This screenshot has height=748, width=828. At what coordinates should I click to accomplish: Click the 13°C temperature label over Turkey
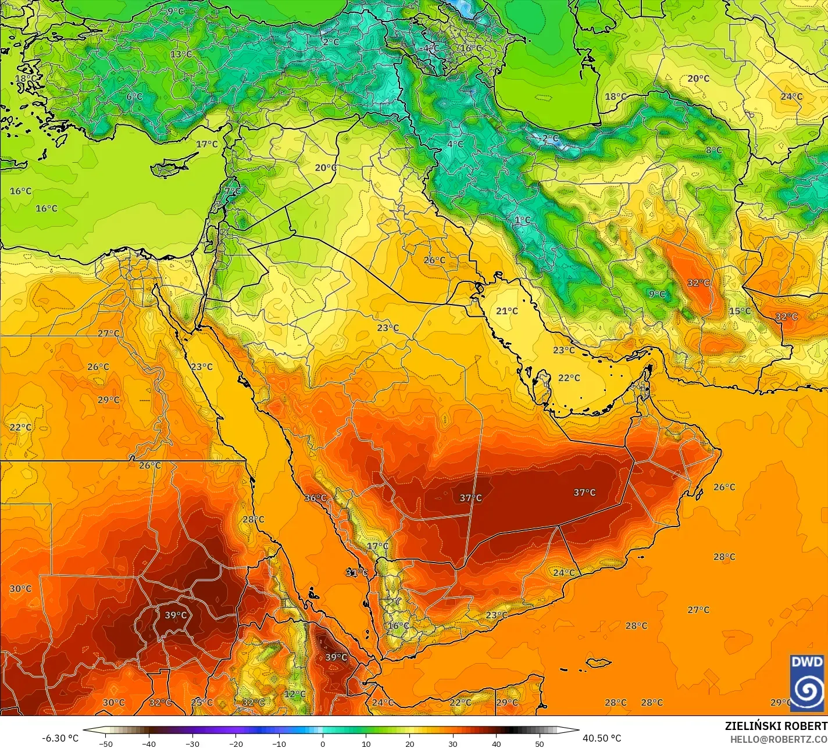point(181,55)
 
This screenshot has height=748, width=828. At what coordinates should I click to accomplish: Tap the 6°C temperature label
point(134,96)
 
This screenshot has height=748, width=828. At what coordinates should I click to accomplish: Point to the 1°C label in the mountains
point(522,220)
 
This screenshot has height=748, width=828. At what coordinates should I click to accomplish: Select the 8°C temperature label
point(713,151)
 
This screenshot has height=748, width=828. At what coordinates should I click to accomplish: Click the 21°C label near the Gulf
point(506,312)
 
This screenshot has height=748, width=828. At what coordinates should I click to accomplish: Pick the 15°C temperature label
point(740,311)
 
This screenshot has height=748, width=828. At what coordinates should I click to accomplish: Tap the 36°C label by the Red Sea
point(315,498)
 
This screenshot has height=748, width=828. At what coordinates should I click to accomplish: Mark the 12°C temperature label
point(294,694)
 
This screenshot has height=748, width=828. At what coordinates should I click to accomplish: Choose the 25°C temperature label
point(202,702)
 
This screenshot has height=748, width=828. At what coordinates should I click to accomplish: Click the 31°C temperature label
point(356,572)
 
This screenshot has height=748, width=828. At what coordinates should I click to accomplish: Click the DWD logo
point(807,682)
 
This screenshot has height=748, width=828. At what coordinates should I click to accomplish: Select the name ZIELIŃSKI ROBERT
point(776,726)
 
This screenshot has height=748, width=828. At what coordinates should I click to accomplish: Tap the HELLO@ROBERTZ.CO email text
point(779,739)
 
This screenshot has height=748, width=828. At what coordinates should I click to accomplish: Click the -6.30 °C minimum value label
point(60,738)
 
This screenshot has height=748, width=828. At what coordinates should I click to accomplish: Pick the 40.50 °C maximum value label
point(602,738)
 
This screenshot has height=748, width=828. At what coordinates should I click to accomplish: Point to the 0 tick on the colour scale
point(323,744)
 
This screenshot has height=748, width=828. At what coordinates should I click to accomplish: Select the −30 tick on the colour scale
point(192,744)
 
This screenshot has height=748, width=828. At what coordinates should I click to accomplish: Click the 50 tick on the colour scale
point(540,744)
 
